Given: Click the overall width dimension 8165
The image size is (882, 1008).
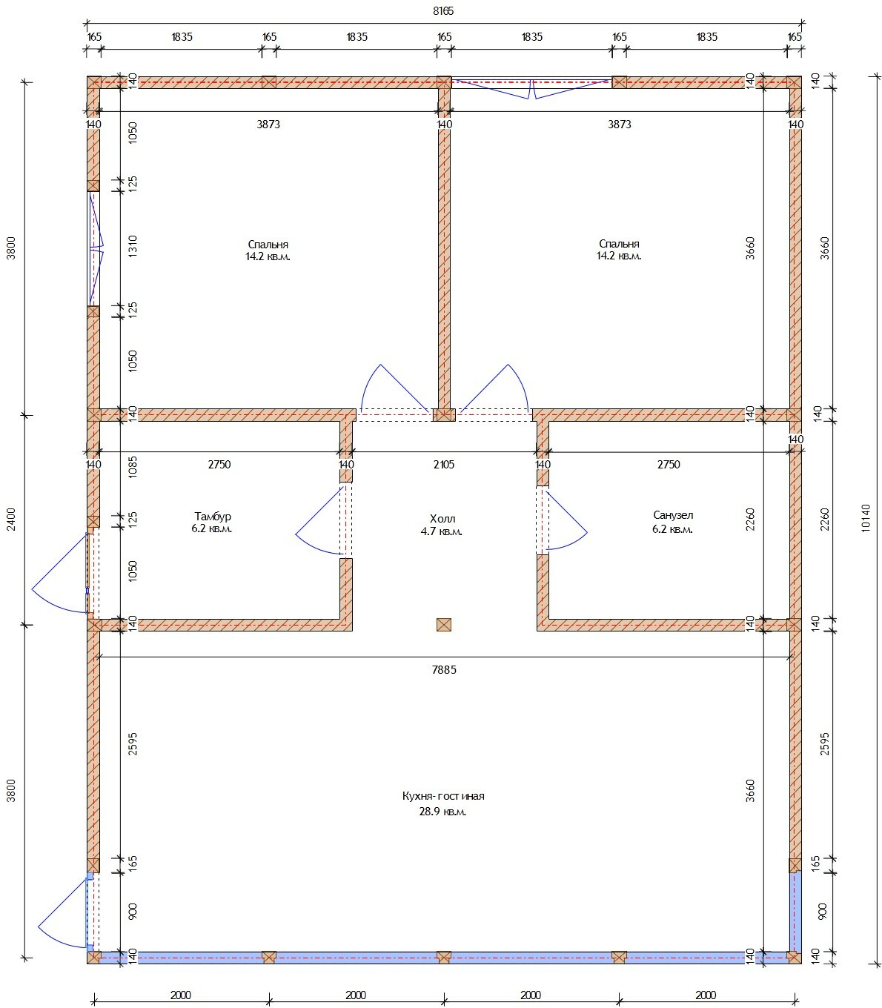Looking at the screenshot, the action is (443, 11).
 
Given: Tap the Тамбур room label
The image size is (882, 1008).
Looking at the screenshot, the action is (213, 517).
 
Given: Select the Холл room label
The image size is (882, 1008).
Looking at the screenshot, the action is (442, 518).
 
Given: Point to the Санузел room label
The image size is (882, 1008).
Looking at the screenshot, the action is (672, 515).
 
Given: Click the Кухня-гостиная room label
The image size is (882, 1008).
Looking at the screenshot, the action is (443, 796).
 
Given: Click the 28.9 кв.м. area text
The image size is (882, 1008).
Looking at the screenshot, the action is (442, 812).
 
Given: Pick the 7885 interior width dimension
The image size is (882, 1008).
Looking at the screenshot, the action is (444, 669).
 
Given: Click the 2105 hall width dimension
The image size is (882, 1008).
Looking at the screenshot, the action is (443, 465).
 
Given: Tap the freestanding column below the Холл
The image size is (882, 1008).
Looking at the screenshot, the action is (443, 625).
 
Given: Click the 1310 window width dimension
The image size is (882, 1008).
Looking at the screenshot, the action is (133, 245).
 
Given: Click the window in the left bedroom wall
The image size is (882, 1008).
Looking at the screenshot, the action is (94, 248).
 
